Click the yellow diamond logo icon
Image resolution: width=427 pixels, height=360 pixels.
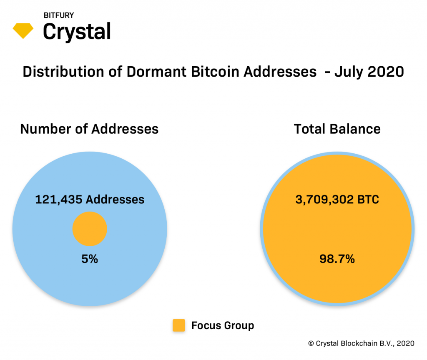23,30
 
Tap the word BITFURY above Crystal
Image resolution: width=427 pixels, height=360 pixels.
59,15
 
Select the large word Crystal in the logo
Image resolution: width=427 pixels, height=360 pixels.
77,32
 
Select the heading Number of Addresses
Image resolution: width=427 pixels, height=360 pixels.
89,129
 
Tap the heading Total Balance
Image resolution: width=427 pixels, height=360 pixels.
337,129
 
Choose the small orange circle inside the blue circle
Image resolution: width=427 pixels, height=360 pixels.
90,229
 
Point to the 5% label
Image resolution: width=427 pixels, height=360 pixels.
90,259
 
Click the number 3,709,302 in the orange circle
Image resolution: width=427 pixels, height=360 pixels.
324,200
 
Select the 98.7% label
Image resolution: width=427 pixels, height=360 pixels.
337,259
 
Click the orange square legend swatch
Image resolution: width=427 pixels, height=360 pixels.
178,325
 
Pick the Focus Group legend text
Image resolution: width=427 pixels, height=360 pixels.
223,325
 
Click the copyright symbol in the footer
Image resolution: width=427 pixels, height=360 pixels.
311,343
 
